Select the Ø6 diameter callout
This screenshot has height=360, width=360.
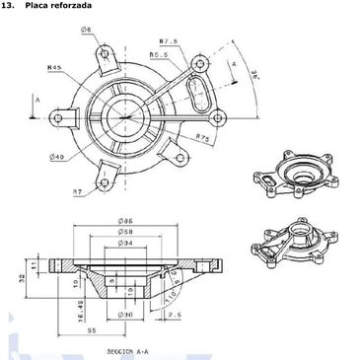point(87,31)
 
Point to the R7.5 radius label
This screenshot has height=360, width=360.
point(168,42)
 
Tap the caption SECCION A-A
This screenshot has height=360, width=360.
point(127,351)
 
